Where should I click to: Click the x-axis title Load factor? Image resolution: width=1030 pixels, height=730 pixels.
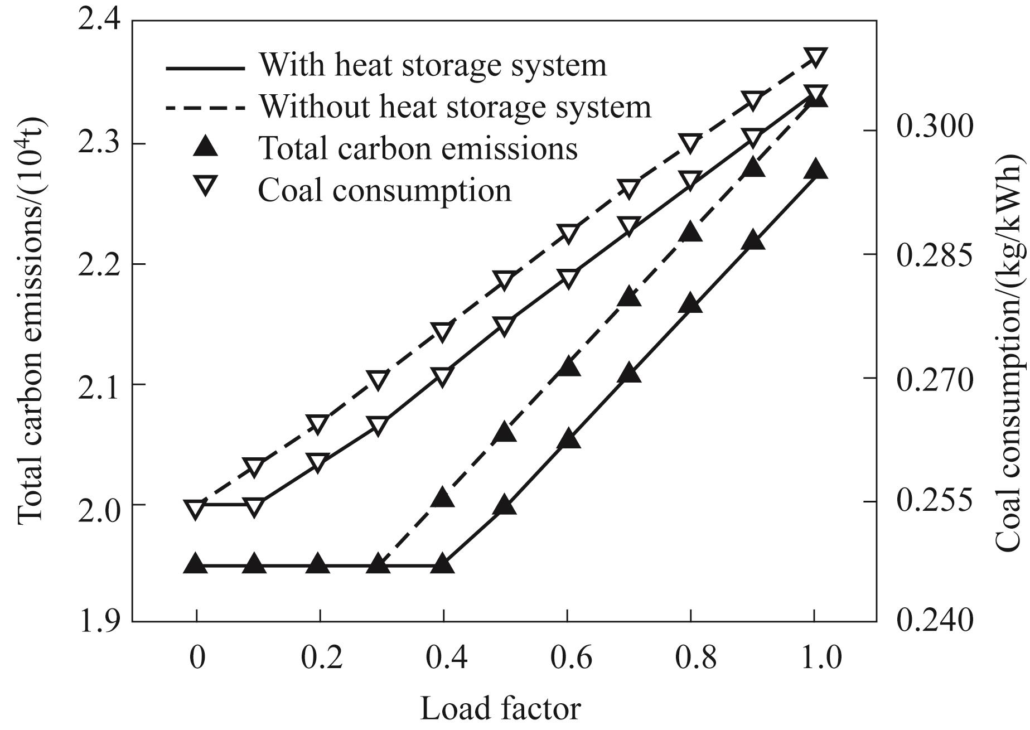pos(500,709)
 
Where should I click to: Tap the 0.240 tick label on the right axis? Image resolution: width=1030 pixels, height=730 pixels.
pos(934,620)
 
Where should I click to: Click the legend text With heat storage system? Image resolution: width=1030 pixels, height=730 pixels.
pos(433,65)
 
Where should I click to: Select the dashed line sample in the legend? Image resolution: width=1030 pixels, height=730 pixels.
pos(205,107)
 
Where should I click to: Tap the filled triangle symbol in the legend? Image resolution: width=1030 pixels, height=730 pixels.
pos(205,147)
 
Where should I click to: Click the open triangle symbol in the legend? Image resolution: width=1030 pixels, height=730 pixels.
pos(205,187)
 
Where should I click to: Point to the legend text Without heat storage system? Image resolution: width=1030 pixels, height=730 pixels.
pos(455,107)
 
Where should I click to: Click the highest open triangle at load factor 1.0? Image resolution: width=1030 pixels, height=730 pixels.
pos(815,58)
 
